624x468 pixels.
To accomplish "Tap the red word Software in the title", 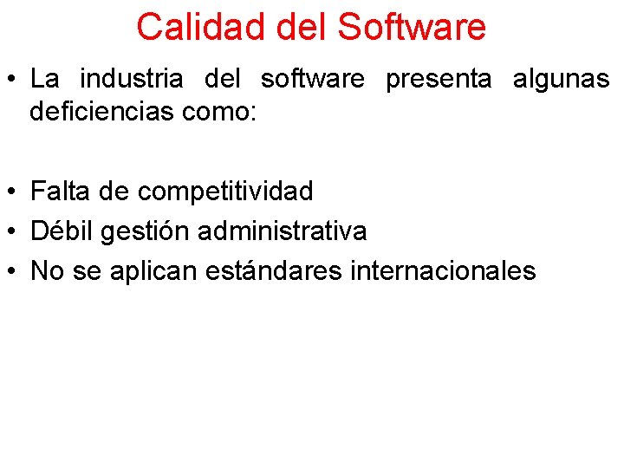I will [412, 27].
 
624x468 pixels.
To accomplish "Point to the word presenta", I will [438, 80].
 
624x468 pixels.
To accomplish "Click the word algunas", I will [562, 80].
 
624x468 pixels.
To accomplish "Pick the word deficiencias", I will [102, 113].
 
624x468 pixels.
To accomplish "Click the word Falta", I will [62, 190].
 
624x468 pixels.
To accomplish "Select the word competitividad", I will [225, 190].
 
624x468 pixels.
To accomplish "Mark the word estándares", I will [275, 271].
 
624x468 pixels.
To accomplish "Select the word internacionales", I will [444, 271].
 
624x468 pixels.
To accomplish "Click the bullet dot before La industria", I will [13, 81].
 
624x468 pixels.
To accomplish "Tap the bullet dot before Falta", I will [13, 191].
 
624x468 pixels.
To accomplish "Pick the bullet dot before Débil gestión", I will [13, 231].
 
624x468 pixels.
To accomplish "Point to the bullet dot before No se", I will [13, 272].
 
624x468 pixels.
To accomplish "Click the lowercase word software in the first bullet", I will [313, 80].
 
